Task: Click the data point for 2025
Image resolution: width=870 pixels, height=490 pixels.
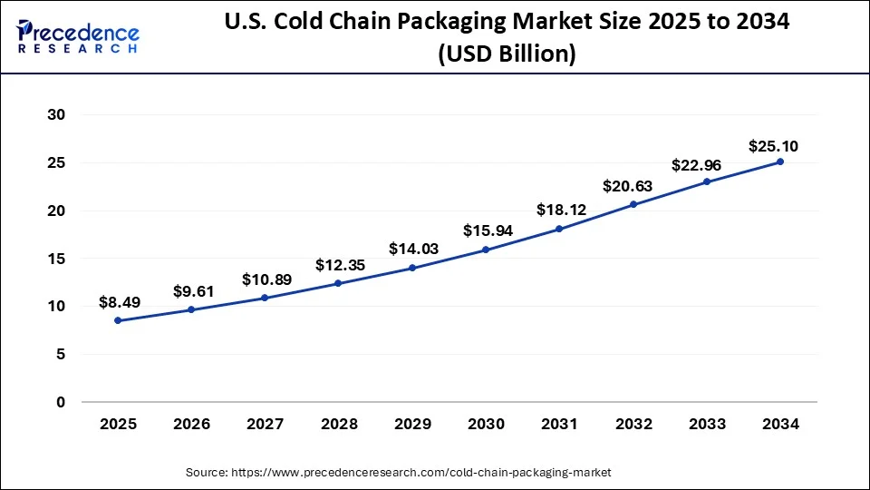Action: (118, 320)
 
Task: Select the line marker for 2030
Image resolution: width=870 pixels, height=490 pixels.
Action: (487, 250)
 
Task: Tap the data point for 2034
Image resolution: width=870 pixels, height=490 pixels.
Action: (780, 162)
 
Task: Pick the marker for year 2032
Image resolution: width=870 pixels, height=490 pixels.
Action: (633, 204)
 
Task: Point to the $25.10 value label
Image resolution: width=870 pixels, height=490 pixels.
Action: (773, 145)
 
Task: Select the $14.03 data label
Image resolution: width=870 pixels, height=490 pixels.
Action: (413, 248)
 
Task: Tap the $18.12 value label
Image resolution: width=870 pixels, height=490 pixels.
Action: (560, 210)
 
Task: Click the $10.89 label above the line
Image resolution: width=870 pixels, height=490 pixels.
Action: (266, 279)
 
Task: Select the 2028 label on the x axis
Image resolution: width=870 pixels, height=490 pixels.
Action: (339, 424)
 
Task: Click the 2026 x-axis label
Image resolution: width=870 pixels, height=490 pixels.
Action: (191, 424)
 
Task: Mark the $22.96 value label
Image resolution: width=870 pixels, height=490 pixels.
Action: (695, 165)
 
